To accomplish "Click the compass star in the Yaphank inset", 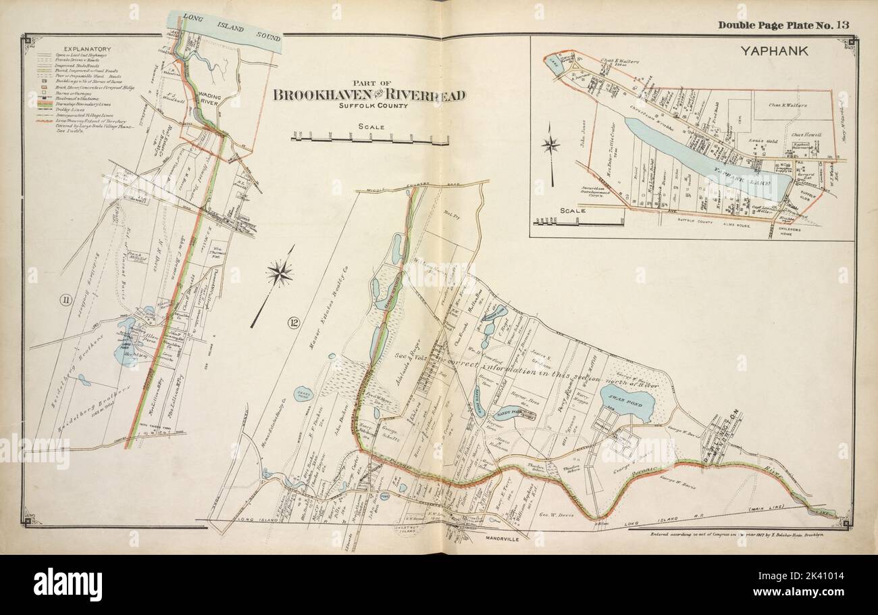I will [x=552, y=144].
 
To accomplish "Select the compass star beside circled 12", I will [x=279, y=273].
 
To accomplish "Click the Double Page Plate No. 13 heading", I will [x=783, y=26].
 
